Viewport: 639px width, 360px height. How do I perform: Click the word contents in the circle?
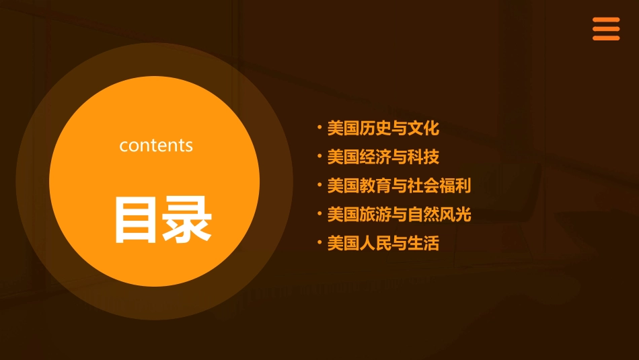156,145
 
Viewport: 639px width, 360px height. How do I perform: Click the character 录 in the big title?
186,219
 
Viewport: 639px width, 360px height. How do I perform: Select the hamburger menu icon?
605,29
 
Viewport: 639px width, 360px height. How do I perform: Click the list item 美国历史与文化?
383,128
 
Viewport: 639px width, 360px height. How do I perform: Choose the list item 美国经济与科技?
383,157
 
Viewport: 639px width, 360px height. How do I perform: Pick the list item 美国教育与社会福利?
399,186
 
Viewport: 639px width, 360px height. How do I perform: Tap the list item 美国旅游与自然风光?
399,215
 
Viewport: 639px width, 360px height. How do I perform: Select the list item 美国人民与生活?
383,244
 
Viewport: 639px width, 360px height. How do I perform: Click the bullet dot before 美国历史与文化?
319,127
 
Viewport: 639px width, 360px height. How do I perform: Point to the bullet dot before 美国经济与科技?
319,155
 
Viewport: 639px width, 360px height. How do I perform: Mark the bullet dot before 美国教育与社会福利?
319,184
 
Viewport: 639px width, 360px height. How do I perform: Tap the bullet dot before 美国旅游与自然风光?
319,213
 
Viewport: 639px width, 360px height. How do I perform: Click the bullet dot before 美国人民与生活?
319,242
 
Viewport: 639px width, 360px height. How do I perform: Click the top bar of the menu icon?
605,20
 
